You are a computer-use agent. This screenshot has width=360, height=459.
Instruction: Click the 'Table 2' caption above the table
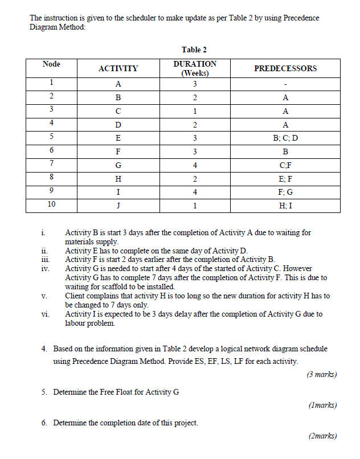(194, 50)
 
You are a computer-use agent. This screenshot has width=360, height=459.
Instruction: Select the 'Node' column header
(51, 64)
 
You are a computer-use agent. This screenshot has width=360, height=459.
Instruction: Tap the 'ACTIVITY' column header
(118, 68)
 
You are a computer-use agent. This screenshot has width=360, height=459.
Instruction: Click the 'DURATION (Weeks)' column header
(194, 68)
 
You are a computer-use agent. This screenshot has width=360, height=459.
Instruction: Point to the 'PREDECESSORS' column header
(285, 68)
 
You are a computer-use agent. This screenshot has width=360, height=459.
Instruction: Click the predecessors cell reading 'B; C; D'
(285, 138)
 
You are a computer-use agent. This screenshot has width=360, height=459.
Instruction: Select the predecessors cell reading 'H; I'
(285, 206)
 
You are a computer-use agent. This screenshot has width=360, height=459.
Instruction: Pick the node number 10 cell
(51, 204)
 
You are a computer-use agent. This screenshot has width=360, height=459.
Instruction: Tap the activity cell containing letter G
(118, 165)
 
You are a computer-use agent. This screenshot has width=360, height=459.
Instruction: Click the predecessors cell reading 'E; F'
(285, 179)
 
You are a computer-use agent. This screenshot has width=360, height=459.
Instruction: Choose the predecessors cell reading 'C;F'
(285, 165)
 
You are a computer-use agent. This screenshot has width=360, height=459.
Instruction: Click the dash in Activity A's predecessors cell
(285, 84)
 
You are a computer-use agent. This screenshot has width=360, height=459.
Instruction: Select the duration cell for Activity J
(194, 206)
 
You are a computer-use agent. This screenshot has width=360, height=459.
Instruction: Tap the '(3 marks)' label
(321, 374)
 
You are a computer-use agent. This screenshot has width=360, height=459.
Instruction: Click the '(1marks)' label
(322, 405)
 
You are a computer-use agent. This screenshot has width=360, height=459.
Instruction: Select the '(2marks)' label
(322, 436)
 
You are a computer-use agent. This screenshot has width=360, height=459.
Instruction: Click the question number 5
(44, 392)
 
